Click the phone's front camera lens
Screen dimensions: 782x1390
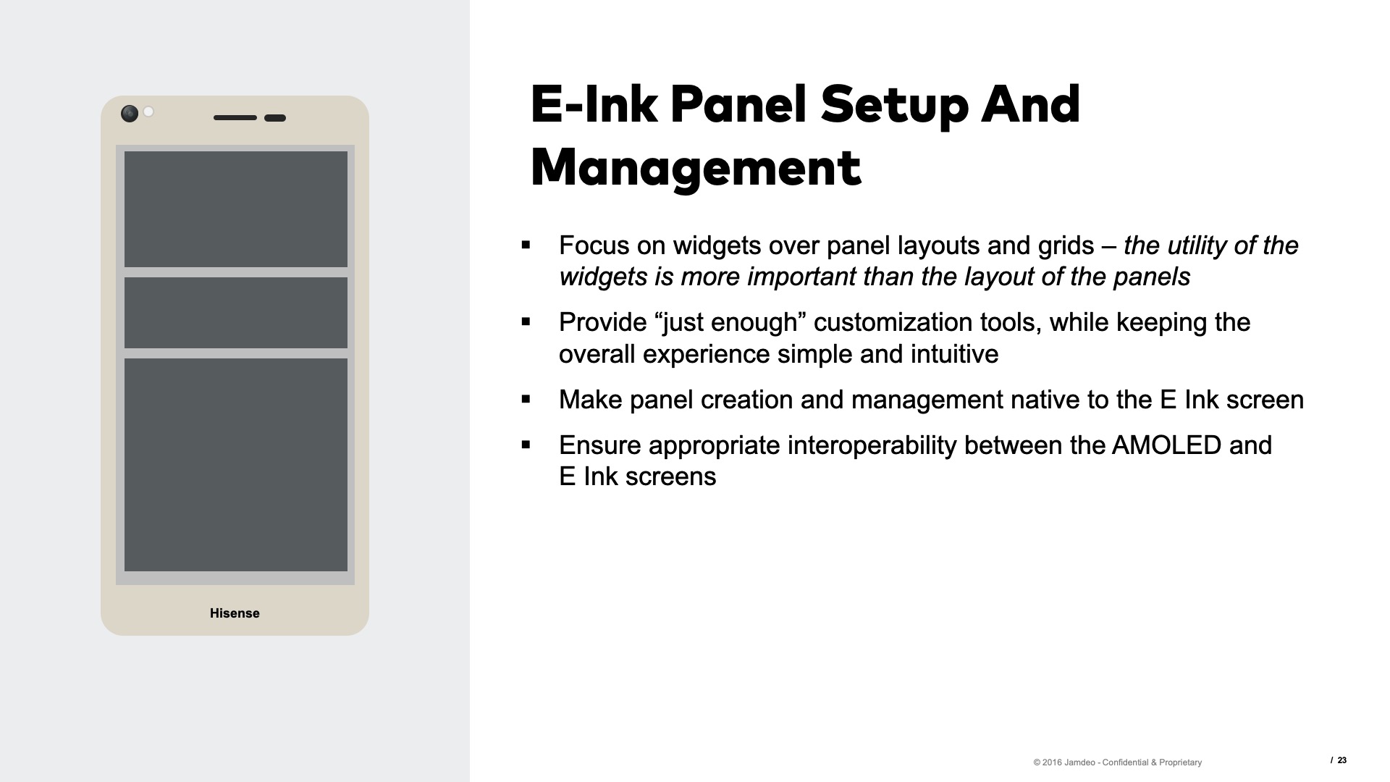130,114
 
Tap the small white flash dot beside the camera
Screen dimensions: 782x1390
148,112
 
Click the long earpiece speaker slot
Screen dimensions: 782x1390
235,117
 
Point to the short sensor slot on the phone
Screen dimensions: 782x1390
275,118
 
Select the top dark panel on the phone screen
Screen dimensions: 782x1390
236,209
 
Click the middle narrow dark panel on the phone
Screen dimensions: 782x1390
236,313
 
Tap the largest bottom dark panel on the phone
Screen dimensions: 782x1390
236,465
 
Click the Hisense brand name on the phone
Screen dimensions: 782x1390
235,613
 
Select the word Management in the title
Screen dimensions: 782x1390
696,167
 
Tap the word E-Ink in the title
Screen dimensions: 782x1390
594,105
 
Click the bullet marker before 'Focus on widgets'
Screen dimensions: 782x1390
526,245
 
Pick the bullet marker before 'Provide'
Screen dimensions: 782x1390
526,322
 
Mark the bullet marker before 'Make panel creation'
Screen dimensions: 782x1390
526,400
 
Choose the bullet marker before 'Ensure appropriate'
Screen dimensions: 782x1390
526,445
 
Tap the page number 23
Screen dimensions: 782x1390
1341,760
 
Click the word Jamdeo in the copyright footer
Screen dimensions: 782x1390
1080,762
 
